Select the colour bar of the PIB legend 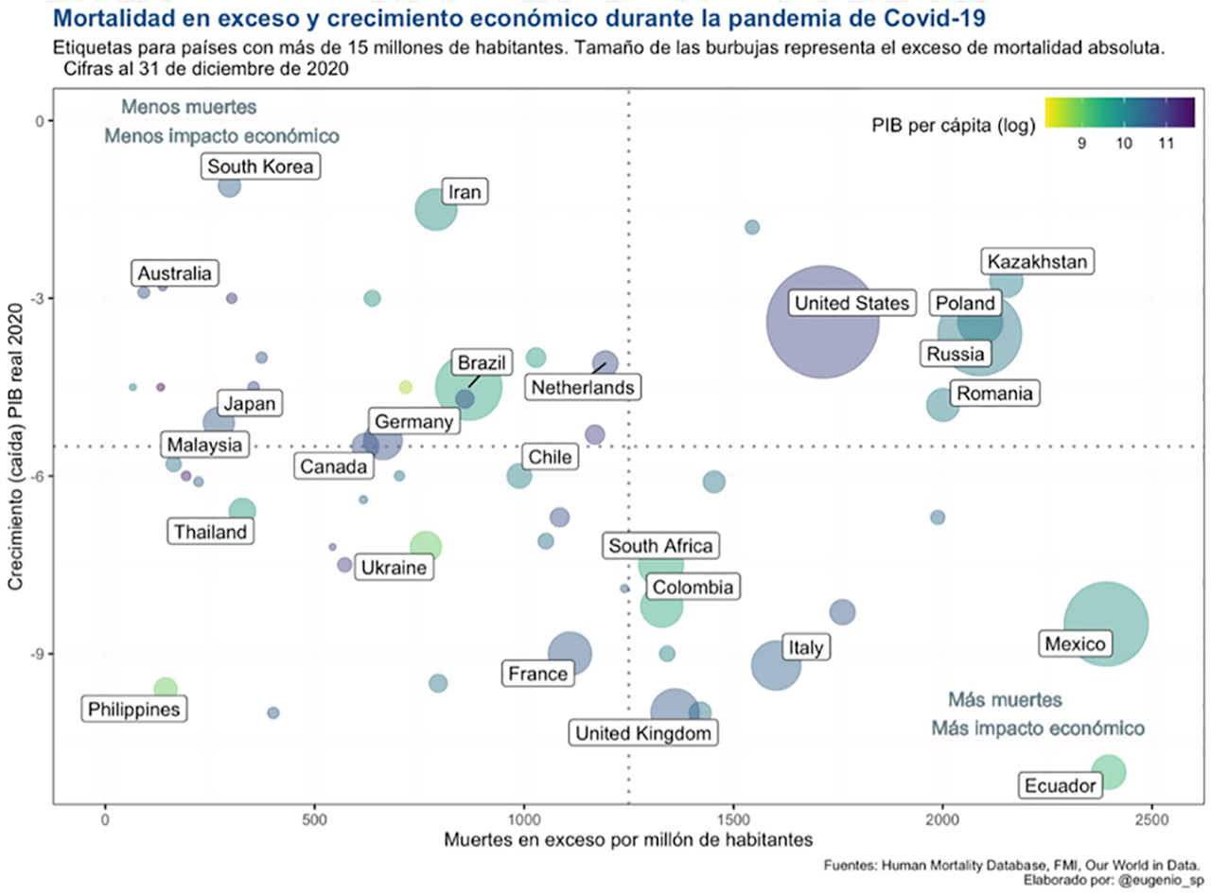pyautogui.click(x=1118, y=112)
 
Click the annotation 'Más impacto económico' pyautogui.click(x=1038, y=729)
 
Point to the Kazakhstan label pyautogui.click(x=1038, y=261)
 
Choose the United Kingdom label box pyautogui.click(x=643, y=733)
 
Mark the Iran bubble pyautogui.click(x=436, y=210)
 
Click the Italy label pyautogui.click(x=805, y=648)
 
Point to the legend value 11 pyautogui.click(x=1165, y=143)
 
